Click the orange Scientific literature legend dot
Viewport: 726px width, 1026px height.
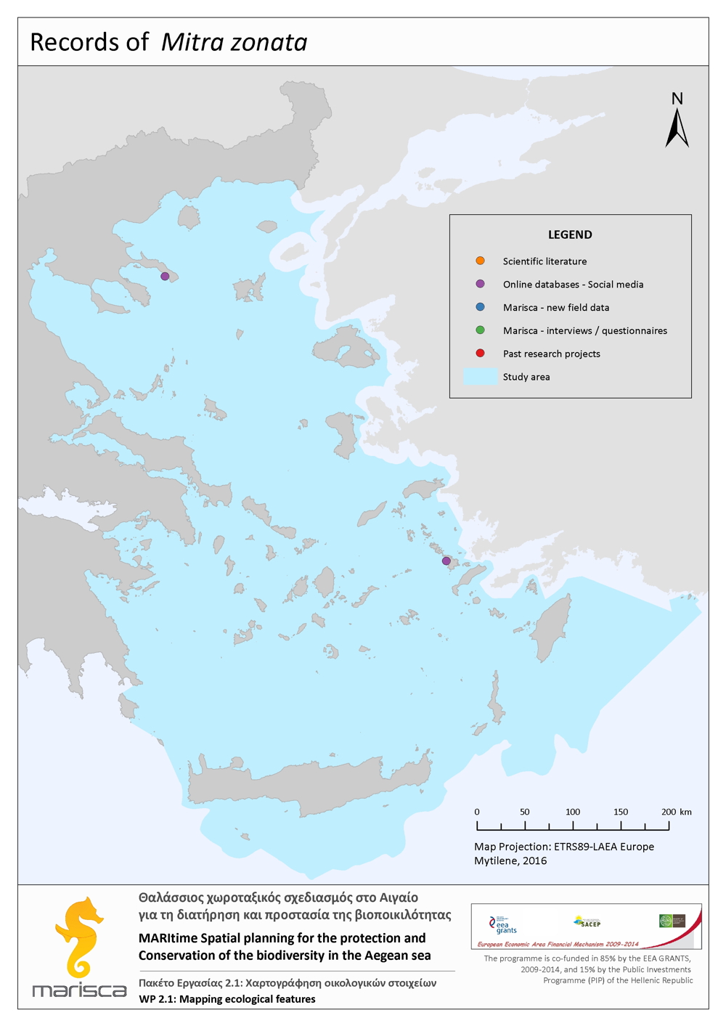click(480, 261)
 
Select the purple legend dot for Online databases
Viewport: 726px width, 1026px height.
click(480, 284)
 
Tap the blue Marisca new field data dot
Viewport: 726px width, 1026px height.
click(480, 307)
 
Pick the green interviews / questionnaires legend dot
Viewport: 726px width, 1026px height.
click(480, 330)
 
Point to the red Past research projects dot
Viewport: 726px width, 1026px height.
click(480, 354)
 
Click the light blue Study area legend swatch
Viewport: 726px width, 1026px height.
click(480, 377)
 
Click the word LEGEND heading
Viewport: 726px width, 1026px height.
click(570, 235)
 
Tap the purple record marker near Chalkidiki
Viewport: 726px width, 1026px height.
click(165, 277)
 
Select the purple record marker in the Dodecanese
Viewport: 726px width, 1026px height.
click(446, 561)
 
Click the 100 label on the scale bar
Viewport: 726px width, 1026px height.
click(573, 812)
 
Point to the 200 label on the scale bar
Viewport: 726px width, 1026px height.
click(668, 812)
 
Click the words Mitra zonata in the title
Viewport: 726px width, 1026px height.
click(234, 42)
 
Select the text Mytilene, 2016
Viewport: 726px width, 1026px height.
click(510, 860)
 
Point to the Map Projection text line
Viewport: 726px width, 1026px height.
click(564, 847)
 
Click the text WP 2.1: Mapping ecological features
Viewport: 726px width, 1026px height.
click(227, 999)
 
